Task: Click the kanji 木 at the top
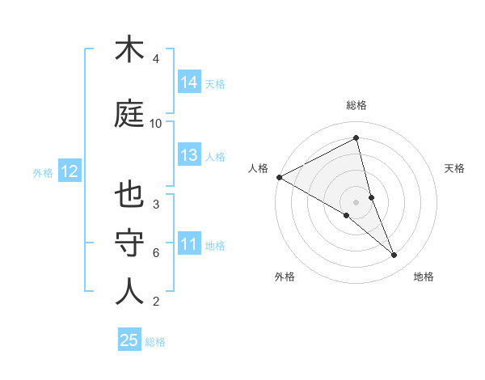click(x=129, y=50)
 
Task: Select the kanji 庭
click(x=129, y=114)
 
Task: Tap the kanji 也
click(x=129, y=195)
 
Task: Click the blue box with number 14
click(x=189, y=82)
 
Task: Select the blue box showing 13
click(x=189, y=155)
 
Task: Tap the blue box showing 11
click(x=189, y=244)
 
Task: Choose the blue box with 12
click(x=69, y=171)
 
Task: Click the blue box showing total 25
click(x=129, y=340)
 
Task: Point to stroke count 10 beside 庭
click(x=156, y=124)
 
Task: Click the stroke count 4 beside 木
click(x=156, y=59)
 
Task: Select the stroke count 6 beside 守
click(x=156, y=252)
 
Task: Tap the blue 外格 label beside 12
click(x=43, y=172)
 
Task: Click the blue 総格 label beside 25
click(x=155, y=342)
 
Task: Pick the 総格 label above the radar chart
click(x=356, y=105)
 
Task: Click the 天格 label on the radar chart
click(x=454, y=168)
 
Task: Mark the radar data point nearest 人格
click(x=279, y=177)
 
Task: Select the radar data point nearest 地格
click(x=394, y=255)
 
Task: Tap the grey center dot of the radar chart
click(x=356, y=201)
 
